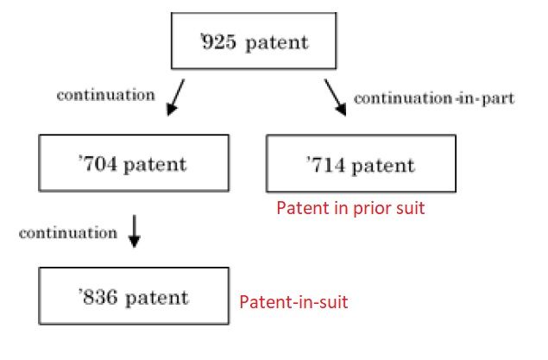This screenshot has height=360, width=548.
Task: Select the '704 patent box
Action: (134, 163)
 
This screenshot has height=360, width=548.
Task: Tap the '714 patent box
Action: (361, 164)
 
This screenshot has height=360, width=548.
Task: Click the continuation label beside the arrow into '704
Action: (104, 95)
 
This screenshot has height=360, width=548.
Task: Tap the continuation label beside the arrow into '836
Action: (67, 233)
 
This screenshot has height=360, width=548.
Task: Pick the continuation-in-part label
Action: (434, 98)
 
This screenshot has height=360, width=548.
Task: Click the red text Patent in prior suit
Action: (350, 209)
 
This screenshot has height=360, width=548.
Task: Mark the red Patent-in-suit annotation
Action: (293, 302)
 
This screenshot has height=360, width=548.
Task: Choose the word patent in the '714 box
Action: (385, 165)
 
